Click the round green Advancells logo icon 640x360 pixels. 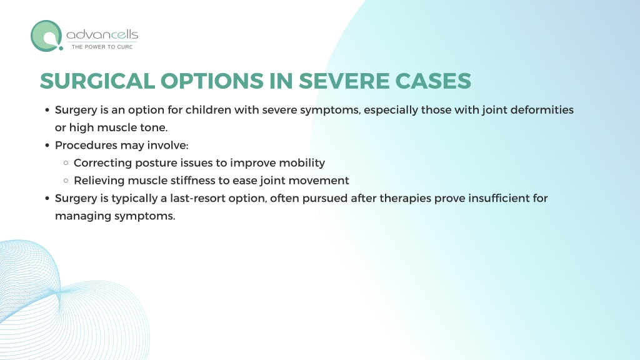pyautogui.click(x=46, y=36)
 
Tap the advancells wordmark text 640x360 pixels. pyautogui.click(x=102, y=35)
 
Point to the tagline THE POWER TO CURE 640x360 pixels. pyautogui.click(x=102, y=47)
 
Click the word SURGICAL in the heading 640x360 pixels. pyautogui.click(x=97, y=81)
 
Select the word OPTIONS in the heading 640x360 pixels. pyautogui.click(x=212, y=81)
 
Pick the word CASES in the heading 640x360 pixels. pyautogui.click(x=433, y=81)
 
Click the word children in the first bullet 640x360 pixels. pyautogui.click(x=208, y=110)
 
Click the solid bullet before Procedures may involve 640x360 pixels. pyautogui.click(x=47, y=145)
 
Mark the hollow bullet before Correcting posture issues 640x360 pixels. pyautogui.click(x=66, y=163)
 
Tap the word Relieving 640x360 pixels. pyautogui.click(x=99, y=181)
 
